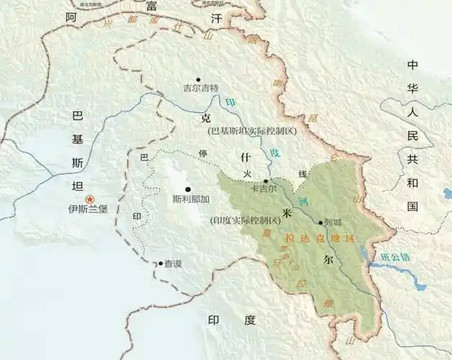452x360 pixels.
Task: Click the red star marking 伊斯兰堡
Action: point(89,199)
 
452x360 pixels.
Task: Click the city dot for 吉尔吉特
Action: point(199,79)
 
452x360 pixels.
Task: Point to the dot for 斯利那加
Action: point(189,189)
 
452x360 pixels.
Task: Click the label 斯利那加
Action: point(191,199)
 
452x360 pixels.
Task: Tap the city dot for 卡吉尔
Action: point(266,181)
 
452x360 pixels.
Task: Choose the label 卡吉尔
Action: point(263,190)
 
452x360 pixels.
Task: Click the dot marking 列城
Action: point(320,222)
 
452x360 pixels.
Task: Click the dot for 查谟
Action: point(161,264)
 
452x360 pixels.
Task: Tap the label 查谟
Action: point(173,264)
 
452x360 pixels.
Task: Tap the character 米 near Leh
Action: point(287,213)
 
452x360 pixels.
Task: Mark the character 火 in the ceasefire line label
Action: point(248,174)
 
